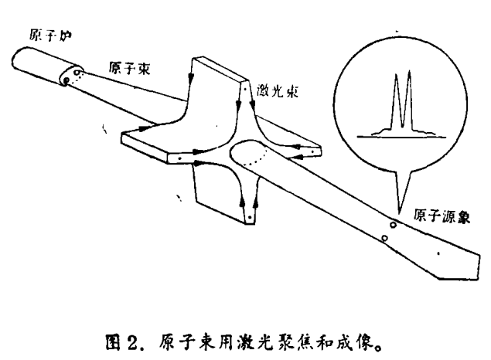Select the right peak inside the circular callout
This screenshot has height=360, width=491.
pyautogui.click(x=407, y=100)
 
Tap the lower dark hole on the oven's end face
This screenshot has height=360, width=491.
pyautogui.click(x=68, y=80)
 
